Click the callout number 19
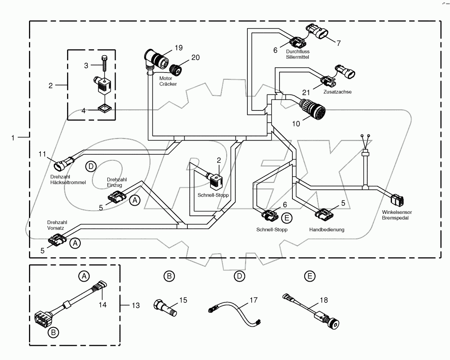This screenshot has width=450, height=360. (x=179, y=48)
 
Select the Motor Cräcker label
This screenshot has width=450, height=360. (x=169, y=81)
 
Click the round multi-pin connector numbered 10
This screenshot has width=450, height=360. (x=312, y=107)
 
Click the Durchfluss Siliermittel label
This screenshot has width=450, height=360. (x=298, y=54)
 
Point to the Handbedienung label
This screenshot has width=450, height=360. (x=327, y=230)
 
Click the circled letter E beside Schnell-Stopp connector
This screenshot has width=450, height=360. (x=287, y=218)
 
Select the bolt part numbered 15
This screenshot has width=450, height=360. (x=165, y=308)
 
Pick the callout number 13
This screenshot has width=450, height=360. (x=135, y=305)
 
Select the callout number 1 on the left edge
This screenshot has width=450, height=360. (x=14, y=137)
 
